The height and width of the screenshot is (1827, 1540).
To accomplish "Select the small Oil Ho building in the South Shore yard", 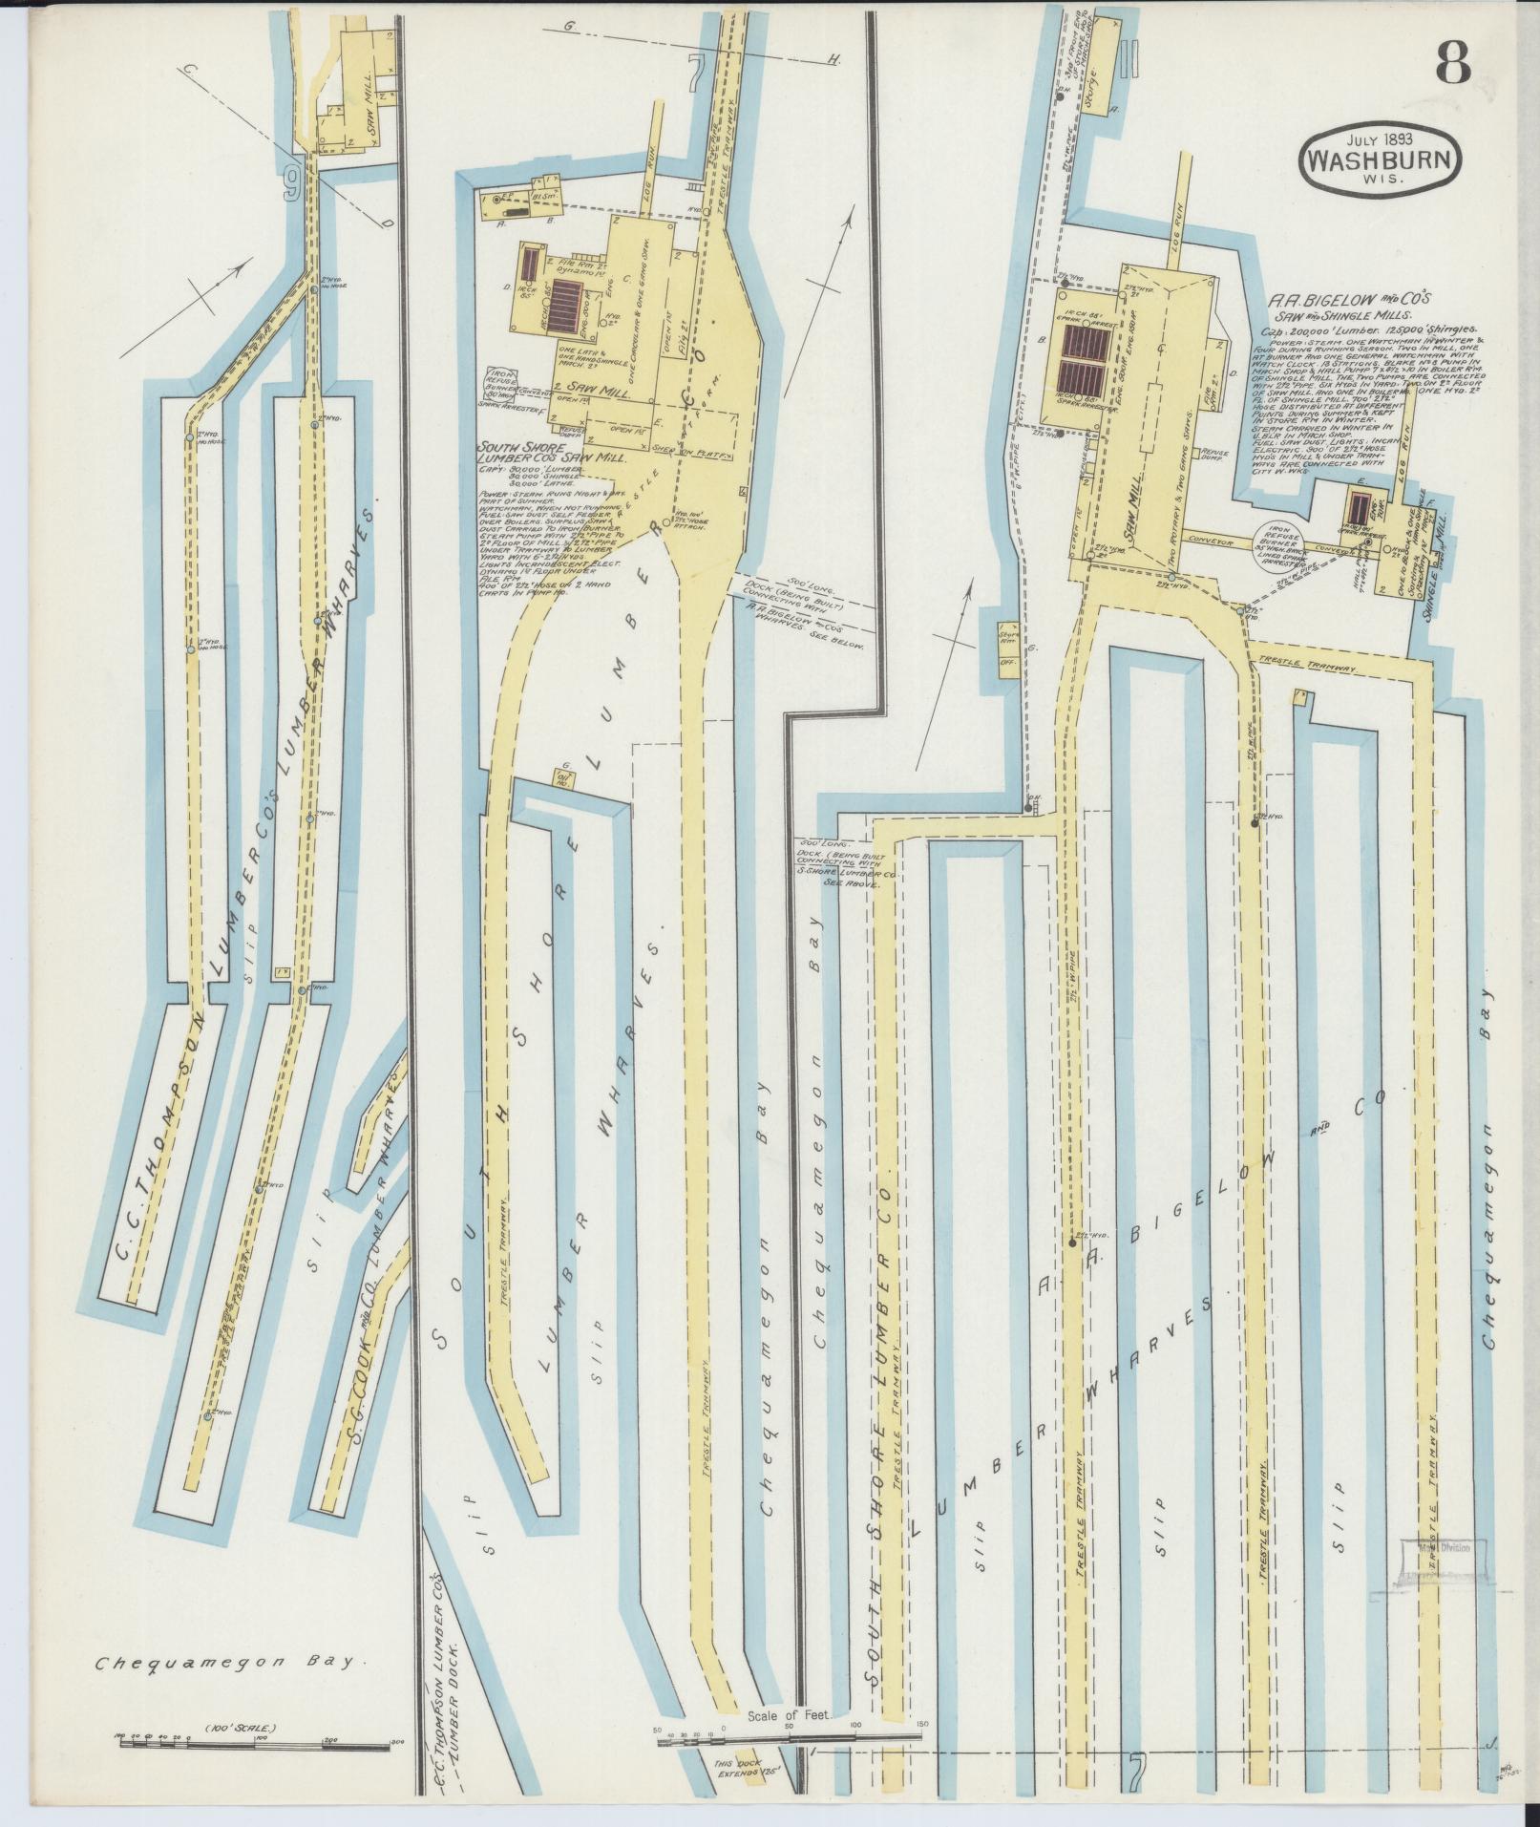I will coord(563,778).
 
